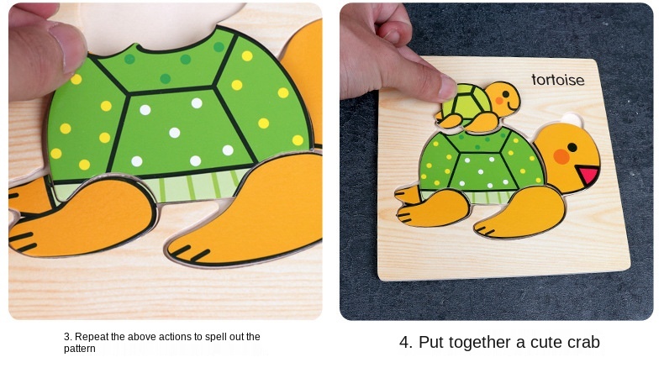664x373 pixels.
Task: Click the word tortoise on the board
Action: pos(558,80)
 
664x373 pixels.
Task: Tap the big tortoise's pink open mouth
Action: pos(588,174)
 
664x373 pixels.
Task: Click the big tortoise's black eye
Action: pos(572,147)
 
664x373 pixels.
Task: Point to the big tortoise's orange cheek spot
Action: pos(561,156)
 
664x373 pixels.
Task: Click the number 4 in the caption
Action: pos(403,342)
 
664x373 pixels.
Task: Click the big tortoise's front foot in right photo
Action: pos(520,211)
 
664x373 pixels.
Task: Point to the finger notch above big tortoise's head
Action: pos(572,119)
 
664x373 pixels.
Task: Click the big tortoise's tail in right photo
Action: pos(408,195)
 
